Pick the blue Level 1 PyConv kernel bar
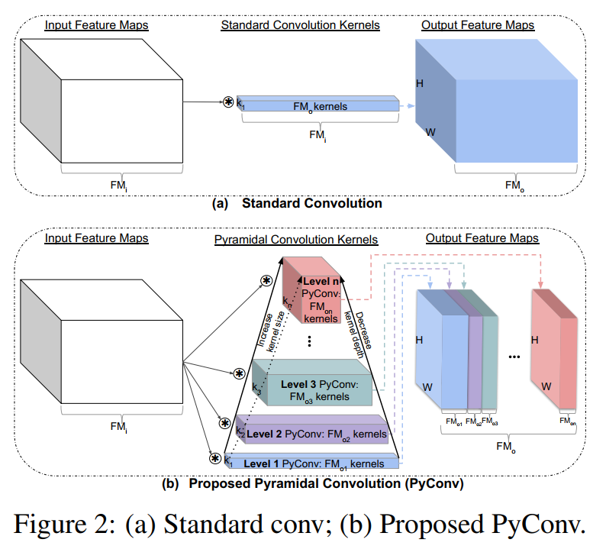[x=314, y=462]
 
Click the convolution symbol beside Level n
[x=266, y=280]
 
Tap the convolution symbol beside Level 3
[x=239, y=373]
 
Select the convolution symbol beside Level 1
[x=215, y=459]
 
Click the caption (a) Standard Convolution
[x=297, y=204]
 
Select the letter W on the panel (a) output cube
[x=430, y=131]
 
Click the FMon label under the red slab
[x=566, y=420]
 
